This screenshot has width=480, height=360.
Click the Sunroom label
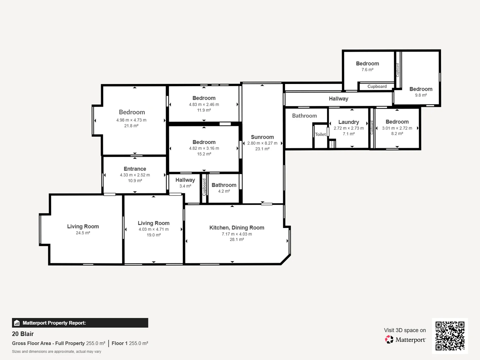[x=262, y=137]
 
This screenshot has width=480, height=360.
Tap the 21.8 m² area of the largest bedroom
[x=131, y=126]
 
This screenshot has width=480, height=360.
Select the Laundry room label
[x=349, y=122]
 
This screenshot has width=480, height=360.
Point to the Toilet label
[x=320, y=134]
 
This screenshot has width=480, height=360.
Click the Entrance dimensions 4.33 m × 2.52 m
[x=135, y=175]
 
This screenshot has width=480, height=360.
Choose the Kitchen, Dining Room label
[x=237, y=228]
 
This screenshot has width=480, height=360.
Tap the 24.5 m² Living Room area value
[x=83, y=233]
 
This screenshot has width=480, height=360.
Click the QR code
[x=450, y=336]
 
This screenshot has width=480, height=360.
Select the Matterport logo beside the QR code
[x=406, y=340]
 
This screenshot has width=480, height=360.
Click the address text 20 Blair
[x=23, y=334]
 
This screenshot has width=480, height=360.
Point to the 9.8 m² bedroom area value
[x=421, y=95]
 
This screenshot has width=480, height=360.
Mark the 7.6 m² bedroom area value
[x=367, y=70]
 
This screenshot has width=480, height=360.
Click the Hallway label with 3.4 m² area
[x=185, y=180]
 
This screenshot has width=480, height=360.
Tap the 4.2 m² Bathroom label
[x=224, y=185]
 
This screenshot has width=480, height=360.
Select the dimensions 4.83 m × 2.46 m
[x=204, y=105]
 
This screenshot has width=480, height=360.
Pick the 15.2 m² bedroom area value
[x=204, y=154]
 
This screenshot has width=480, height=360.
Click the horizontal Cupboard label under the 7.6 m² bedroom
[x=377, y=87]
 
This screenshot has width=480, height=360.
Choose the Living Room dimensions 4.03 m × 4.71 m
[x=154, y=229]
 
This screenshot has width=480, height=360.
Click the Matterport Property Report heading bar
[x=80, y=323]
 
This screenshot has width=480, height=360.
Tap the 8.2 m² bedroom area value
[x=397, y=134]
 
